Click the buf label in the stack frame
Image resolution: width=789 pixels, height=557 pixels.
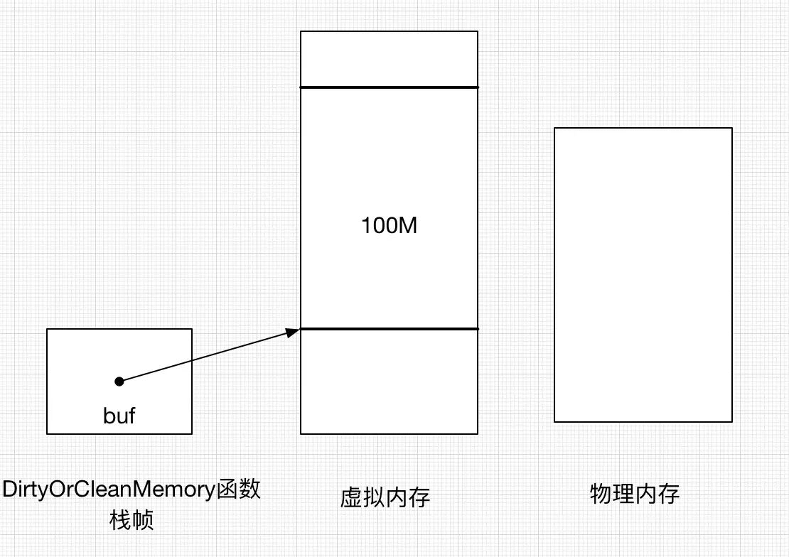(119, 416)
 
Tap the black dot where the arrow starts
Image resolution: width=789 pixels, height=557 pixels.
(119, 382)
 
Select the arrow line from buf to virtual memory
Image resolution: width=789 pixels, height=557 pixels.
(206, 356)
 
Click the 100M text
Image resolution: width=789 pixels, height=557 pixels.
(388, 226)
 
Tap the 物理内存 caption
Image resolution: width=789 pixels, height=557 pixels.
(635, 494)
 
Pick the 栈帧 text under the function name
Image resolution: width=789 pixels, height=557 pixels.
(131, 521)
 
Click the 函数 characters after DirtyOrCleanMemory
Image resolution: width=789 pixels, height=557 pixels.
(238, 490)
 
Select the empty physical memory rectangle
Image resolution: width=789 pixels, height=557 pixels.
(643, 275)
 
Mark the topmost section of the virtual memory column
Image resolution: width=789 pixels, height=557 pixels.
(389, 59)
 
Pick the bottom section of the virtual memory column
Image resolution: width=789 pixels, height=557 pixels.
(389, 382)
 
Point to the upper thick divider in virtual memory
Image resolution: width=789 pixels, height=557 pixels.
(389, 87)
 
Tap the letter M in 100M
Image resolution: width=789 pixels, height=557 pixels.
(407, 226)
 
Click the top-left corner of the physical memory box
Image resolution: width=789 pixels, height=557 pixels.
(554, 128)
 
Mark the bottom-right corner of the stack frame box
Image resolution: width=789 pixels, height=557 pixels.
(192, 433)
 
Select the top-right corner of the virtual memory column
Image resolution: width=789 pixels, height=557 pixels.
(478, 31)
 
